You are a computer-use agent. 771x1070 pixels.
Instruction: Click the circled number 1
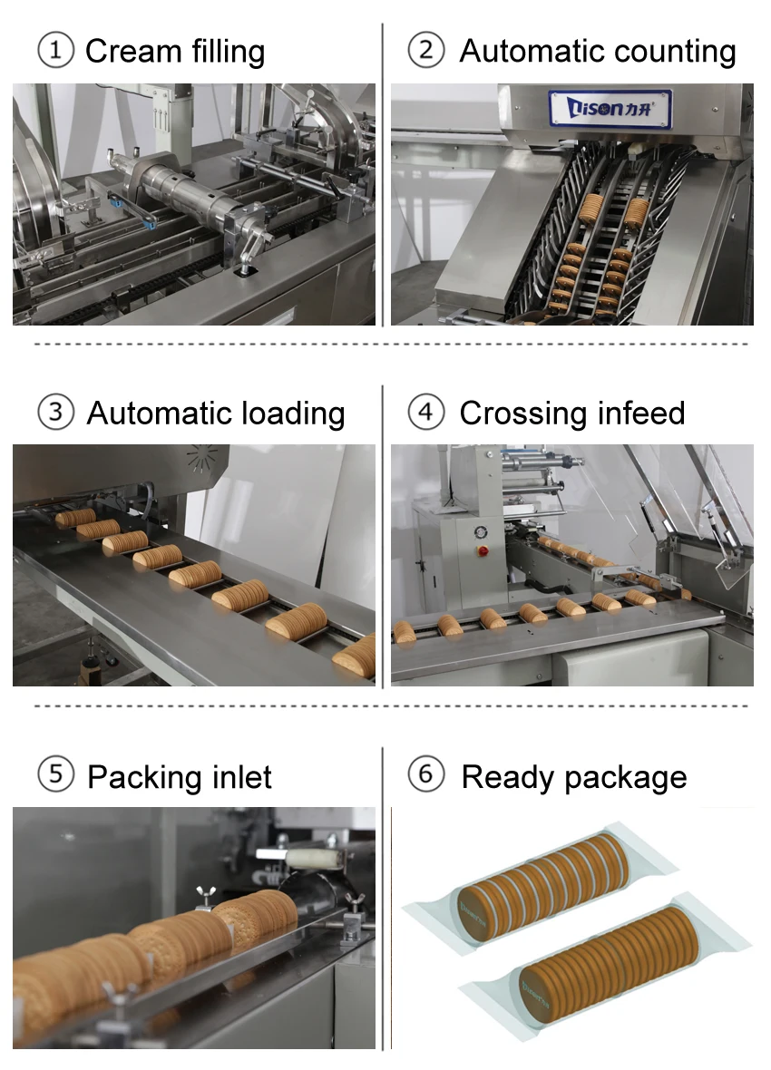click(55, 51)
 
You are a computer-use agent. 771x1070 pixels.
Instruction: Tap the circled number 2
click(425, 51)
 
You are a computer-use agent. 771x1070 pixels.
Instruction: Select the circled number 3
click(55, 413)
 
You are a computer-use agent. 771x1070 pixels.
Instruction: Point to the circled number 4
click(425, 413)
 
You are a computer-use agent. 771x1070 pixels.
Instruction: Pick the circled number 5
click(55, 776)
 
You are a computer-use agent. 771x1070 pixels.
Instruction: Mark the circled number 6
click(425, 776)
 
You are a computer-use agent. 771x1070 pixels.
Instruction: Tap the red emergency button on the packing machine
click(483, 550)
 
